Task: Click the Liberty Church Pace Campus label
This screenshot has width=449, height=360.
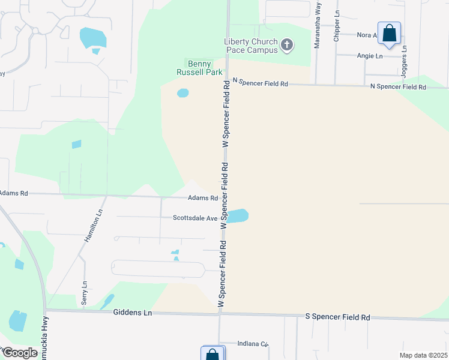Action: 251,46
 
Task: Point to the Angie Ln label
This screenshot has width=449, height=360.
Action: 370,56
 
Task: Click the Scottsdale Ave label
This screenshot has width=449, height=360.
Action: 195,218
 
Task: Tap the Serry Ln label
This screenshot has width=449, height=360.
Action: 84,291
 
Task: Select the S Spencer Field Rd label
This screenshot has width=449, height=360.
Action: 337,316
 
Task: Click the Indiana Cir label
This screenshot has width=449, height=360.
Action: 252,344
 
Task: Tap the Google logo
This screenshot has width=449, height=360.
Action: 20,353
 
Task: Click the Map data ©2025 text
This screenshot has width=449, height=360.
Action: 423,355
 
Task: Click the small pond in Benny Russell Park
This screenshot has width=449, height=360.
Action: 182,93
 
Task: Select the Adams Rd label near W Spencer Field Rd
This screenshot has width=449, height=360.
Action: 202,197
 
